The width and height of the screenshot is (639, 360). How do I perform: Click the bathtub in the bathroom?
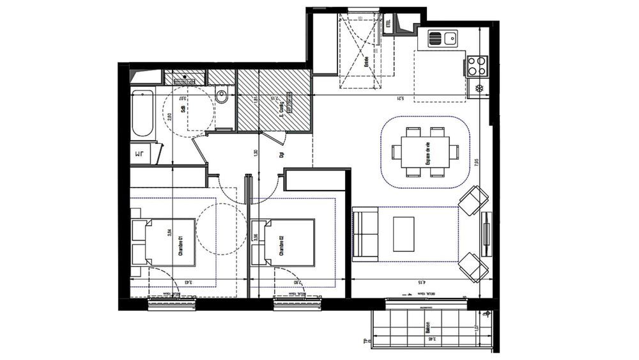click(142, 114)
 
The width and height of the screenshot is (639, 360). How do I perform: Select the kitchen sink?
click(443, 38)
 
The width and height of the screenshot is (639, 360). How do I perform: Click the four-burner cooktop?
click(477, 64)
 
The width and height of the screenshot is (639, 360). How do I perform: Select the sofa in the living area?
click(366, 235)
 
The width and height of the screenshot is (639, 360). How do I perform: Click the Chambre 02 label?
click(281, 246)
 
